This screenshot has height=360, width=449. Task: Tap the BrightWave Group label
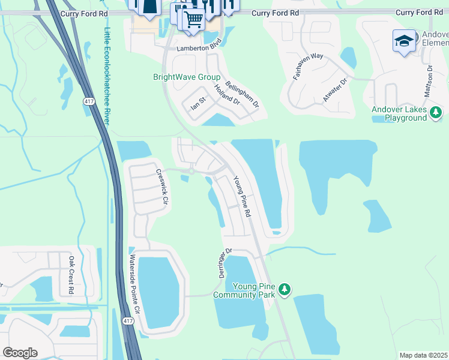(x=187, y=77)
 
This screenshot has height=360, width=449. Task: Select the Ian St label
(x=198, y=103)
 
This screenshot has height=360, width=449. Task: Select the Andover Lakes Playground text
(x=399, y=113)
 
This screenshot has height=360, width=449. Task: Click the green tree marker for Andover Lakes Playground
(x=436, y=112)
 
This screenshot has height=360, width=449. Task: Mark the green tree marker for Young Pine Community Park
(x=285, y=290)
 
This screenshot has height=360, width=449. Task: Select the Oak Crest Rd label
(x=71, y=275)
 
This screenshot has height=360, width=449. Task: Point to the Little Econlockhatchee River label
(x=107, y=76)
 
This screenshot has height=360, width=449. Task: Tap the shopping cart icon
(x=193, y=19)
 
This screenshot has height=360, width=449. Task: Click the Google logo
(x=20, y=353)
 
